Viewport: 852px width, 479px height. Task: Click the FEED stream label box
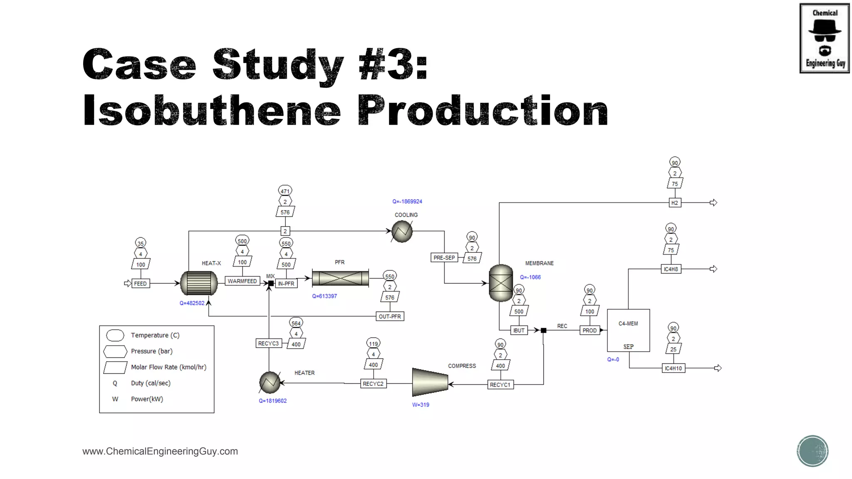coord(140,284)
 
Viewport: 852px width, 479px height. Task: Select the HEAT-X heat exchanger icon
coord(199,283)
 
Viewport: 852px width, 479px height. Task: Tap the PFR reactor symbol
coord(340,278)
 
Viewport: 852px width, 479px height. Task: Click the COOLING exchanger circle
coord(402,232)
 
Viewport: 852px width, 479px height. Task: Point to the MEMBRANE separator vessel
coord(501,283)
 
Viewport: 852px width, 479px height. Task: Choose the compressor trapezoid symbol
coord(430,382)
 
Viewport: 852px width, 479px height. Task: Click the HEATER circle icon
coord(270,382)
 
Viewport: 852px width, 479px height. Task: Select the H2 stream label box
coord(674,203)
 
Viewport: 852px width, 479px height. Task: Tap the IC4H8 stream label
coord(671,269)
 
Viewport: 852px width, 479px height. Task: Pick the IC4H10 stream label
coord(673,368)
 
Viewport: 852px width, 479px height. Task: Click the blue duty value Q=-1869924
coord(407,202)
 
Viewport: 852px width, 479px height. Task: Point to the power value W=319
coord(421,405)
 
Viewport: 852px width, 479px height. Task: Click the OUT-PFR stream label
coord(390,316)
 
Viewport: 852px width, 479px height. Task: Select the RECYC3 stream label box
coord(268,343)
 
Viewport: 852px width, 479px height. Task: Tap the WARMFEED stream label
coord(242,281)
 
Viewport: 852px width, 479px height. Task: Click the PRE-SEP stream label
coord(444,258)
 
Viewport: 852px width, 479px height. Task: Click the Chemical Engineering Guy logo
coord(825,38)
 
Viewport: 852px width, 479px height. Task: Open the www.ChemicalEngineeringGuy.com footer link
coord(160,452)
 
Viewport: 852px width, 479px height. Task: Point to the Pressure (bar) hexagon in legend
coord(115,351)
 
